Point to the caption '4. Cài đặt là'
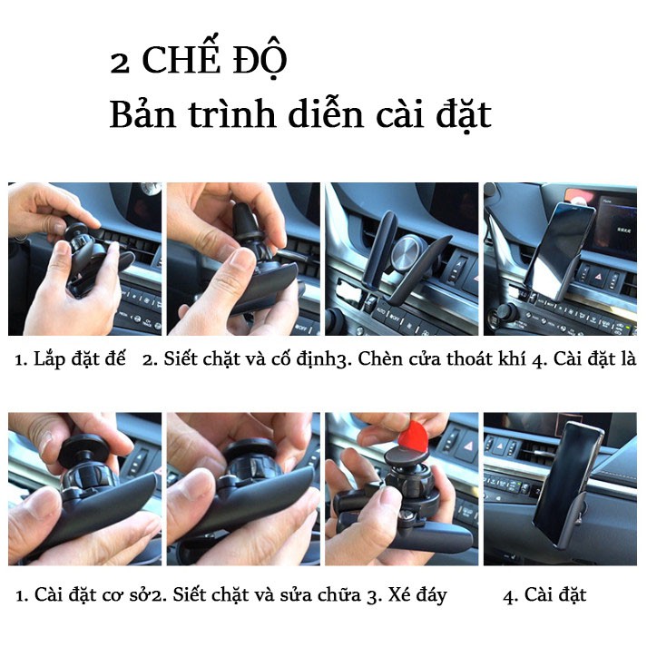pos(584,360)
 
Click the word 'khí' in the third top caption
pos(512,360)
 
